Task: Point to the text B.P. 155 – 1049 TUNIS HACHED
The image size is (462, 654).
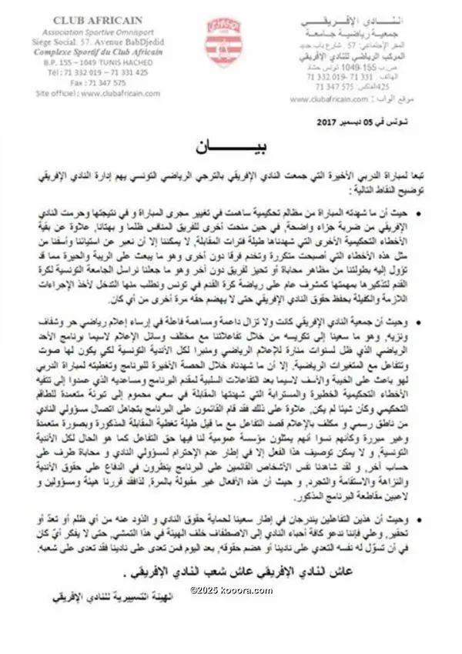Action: pos(95,62)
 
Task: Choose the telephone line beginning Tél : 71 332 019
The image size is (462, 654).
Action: pos(98,72)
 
